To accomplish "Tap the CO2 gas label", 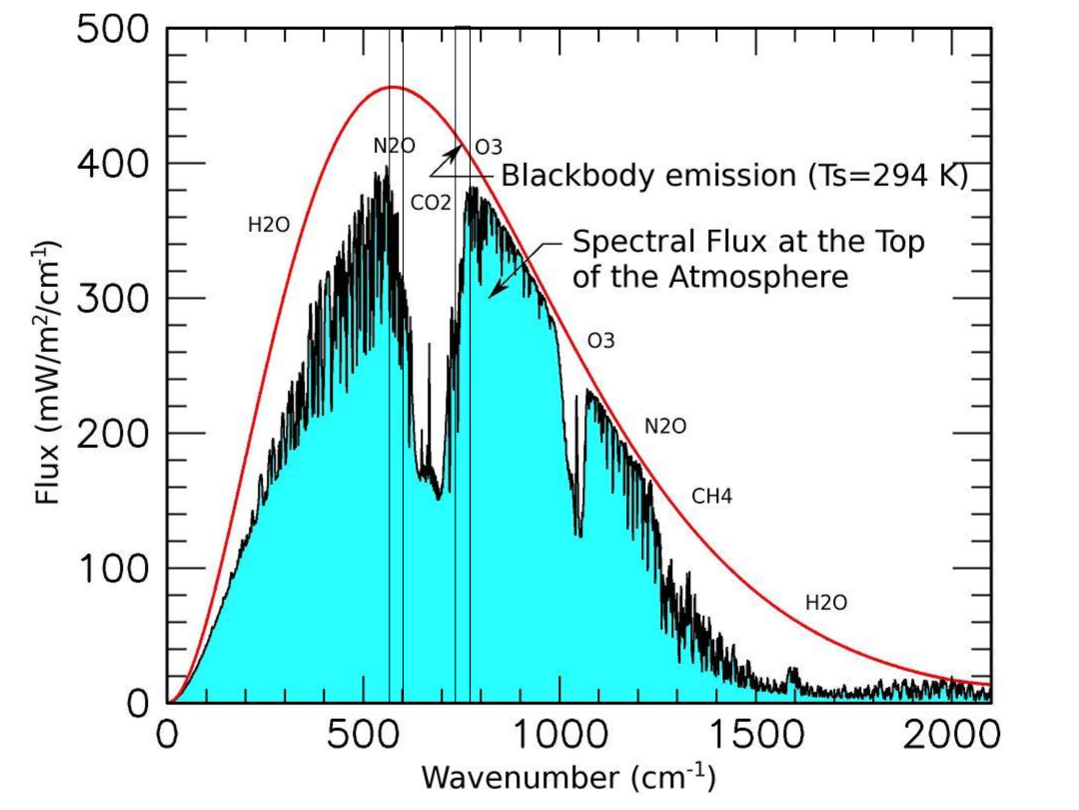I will (x=432, y=202).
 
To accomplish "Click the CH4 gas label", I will (x=712, y=496).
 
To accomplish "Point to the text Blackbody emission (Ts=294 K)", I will (x=735, y=177).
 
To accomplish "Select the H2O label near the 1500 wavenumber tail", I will (x=826, y=603).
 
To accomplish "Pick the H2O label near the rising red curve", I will (x=269, y=225).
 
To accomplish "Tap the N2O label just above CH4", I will (x=665, y=426).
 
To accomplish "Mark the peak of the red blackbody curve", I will (x=394, y=87).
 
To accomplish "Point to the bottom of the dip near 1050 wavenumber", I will (x=578, y=535).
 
